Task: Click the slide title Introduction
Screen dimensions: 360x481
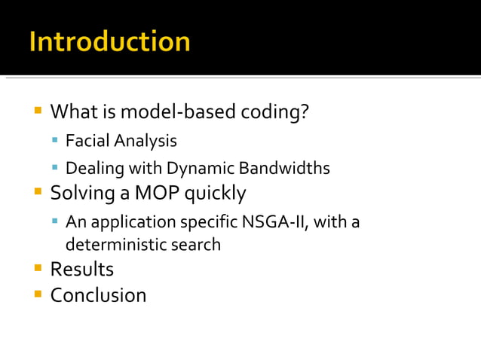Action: (x=109, y=41)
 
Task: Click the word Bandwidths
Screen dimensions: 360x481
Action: (x=285, y=168)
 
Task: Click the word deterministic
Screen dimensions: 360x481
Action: (x=111, y=245)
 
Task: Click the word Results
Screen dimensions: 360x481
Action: (x=81, y=270)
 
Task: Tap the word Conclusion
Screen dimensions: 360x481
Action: (x=98, y=295)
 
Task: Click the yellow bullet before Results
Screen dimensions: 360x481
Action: (x=37, y=268)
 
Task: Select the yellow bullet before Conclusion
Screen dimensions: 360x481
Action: (x=37, y=294)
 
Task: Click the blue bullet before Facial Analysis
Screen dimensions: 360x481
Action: (x=55, y=141)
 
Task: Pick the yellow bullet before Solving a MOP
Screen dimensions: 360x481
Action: (x=37, y=193)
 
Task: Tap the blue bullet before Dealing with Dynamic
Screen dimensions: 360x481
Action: (x=55, y=168)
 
